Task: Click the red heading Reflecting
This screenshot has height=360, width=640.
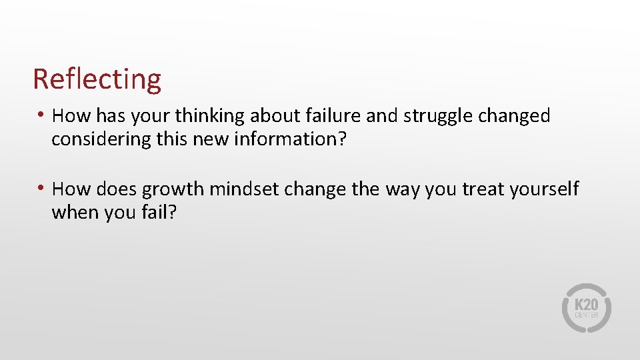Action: (97, 79)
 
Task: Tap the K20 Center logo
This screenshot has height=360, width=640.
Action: (586, 308)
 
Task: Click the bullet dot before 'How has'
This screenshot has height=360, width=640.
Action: (41, 115)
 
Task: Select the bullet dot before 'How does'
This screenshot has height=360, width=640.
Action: (41, 189)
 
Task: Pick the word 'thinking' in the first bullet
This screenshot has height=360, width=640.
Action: (211, 117)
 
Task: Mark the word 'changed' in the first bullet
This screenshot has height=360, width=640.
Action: (518, 117)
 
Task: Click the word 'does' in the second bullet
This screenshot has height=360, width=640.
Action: (116, 189)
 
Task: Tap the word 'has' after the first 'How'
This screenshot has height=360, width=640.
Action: (111, 116)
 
